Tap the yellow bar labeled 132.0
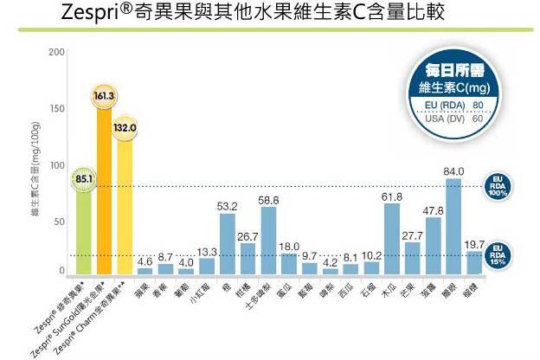(125, 203)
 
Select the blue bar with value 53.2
(228, 242)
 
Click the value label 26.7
(248, 236)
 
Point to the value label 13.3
(207, 252)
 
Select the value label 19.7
(475, 244)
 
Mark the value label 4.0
(186, 262)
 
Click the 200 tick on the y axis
(56, 53)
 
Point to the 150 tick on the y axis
(56, 109)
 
